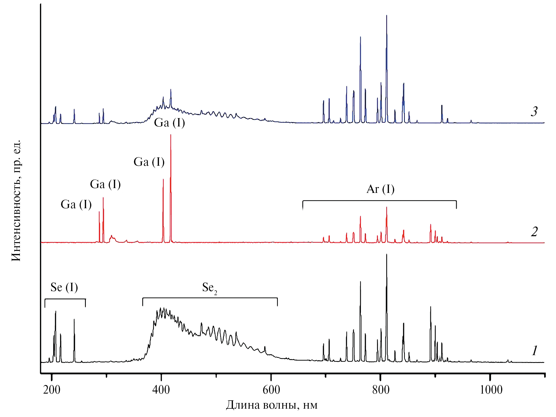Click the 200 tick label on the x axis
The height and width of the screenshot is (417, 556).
[52, 390]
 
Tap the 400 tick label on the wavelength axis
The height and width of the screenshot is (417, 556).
[161, 390]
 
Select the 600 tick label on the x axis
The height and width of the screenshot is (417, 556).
[271, 390]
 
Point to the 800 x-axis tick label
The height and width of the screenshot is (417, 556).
[381, 390]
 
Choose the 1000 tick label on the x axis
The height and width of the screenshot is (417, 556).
[491, 390]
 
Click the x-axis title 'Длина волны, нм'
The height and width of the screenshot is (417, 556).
[272, 405]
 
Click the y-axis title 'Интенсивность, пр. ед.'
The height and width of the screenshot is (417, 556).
[16, 200]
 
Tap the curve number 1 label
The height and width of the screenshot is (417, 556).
[534, 351]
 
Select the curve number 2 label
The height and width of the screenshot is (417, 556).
[534, 232]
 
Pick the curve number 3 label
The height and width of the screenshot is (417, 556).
[534, 111]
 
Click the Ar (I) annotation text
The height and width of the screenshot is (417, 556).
[380, 189]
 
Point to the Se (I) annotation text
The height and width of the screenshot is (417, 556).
[64, 287]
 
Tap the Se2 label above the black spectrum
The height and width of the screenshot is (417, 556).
[210, 288]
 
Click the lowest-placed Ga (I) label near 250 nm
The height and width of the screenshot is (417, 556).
[76, 204]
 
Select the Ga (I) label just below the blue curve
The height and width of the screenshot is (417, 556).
[169, 123]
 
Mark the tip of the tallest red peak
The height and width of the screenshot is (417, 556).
[171, 135]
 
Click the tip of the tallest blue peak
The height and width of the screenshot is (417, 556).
[387, 15]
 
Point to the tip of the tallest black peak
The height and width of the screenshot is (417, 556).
[387, 254]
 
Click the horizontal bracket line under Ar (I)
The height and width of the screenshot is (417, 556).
[379, 201]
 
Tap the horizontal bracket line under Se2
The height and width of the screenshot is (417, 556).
[210, 298]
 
